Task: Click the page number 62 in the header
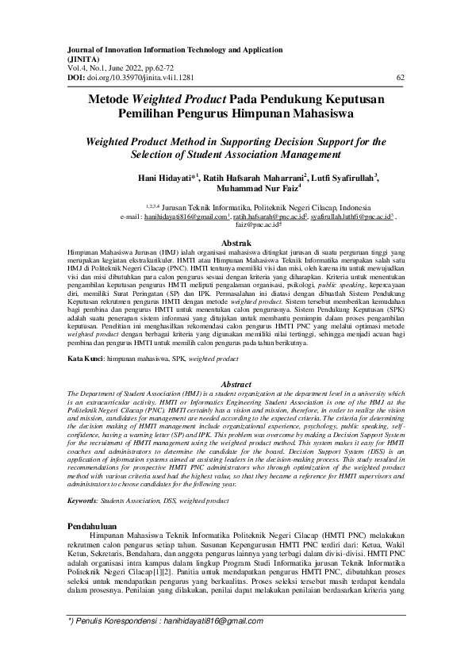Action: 400,77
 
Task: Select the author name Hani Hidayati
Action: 168,179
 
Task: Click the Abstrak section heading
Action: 236,241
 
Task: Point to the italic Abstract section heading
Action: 236,384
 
